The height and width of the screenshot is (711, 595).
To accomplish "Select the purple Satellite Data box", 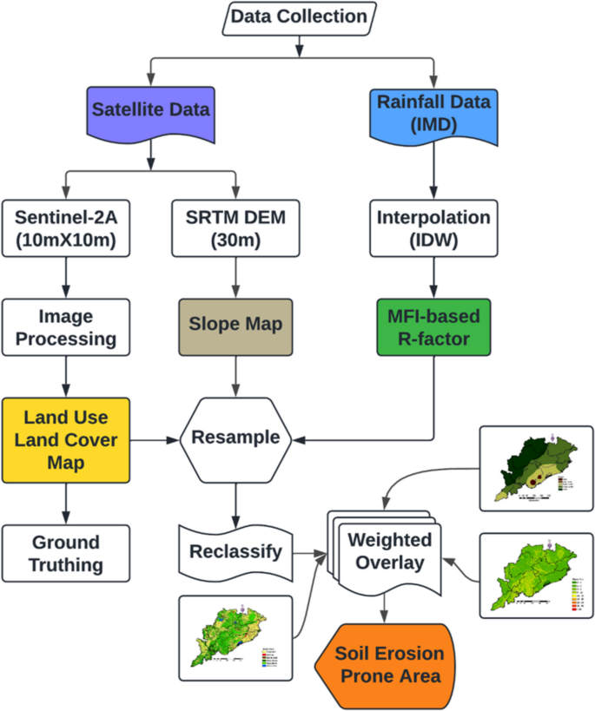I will pyautogui.click(x=152, y=112).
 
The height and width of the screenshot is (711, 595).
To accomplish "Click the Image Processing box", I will pyautogui.click(x=66, y=326).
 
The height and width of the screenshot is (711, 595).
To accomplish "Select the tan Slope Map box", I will pyautogui.click(x=235, y=326).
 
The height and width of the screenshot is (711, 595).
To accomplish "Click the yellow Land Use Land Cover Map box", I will pyautogui.click(x=66, y=439).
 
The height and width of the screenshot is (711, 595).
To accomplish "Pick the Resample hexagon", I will pyautogui.click(x=235, y=437).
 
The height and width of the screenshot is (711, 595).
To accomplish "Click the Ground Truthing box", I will pyautogui.click(x=66, y=553).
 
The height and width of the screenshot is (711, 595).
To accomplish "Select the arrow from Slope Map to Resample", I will pyautogui.click(x=235, y=375).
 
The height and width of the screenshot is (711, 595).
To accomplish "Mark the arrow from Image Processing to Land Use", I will pyautogui.click(x=66, y=375).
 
